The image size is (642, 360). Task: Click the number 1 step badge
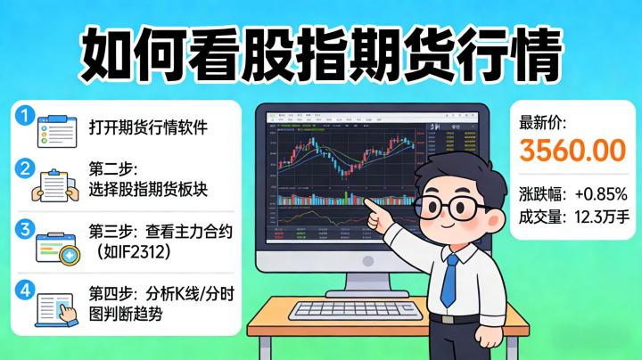click(x=24, y=115)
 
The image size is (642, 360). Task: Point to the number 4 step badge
click(x=24, y=289)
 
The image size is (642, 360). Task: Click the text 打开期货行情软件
click(x=148, y=127)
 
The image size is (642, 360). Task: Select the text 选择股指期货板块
click(x=148, y=189)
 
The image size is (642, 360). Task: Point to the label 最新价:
click(x=542, y=124)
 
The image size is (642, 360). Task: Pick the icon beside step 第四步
click(x=53, y=307)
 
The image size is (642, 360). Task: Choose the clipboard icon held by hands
click(x=53, y=186)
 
